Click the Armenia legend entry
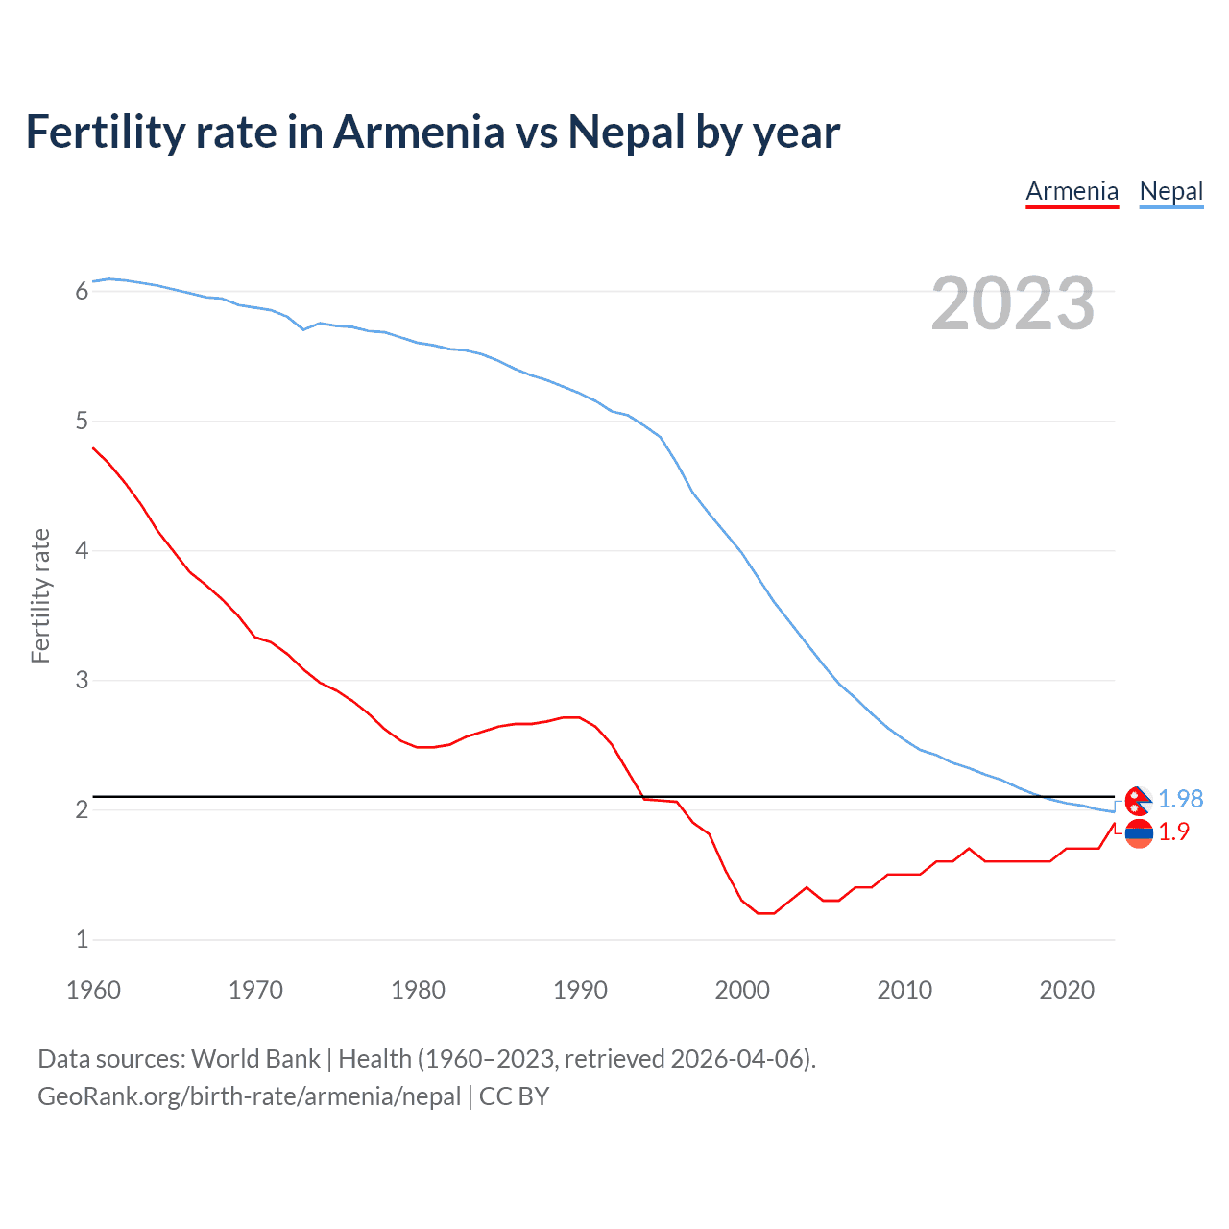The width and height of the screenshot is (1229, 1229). [x=1072, y=191]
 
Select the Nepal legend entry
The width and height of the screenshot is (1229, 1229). [x=1170, y=191]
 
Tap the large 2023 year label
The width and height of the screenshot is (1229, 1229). [x=1012, y=303]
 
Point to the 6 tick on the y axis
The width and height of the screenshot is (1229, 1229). [x=82, y=291]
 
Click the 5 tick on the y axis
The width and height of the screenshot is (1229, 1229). [x=82, y=421]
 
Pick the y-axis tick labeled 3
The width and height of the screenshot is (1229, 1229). [x=82, y=680]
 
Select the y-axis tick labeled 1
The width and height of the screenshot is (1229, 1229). [x=82, y=939]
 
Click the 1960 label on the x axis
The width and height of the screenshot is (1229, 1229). [x=93, y=990]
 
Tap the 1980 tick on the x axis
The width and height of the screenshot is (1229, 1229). [x=418, y=990]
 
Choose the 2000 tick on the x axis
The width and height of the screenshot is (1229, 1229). [x=742, y=990]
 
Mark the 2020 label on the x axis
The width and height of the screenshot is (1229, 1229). [x=1067, y=990]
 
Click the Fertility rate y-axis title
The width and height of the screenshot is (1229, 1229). [x=40, y=595]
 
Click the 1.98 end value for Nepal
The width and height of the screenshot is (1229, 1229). [x=1180, y=799]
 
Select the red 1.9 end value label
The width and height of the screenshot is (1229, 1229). [x=1173, y=831]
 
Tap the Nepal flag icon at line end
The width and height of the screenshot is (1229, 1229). [x=1138, y=800]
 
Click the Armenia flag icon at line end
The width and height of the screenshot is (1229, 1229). [x=1139, y=833]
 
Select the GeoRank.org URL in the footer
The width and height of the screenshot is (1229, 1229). [x=249, y=1096]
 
